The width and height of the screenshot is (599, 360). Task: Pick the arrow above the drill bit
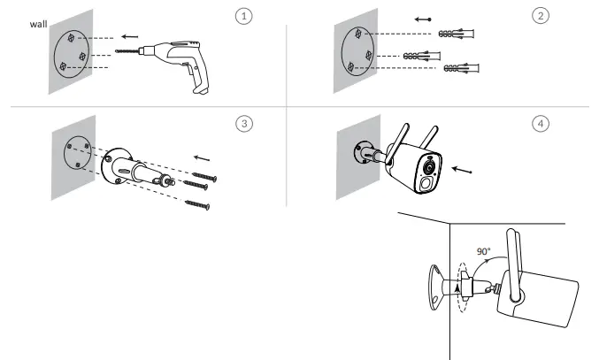[x=129, y=38]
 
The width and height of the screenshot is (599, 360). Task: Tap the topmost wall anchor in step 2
[x=457, y=34]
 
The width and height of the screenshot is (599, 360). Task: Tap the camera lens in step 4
[x=430, y=168]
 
